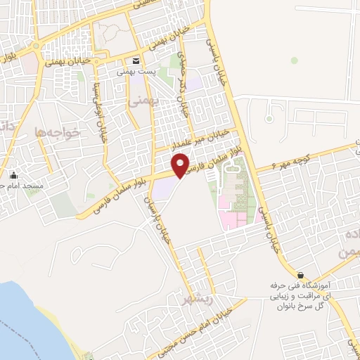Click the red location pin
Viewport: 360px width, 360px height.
(181, 166)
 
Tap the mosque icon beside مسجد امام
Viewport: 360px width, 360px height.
(13, 175)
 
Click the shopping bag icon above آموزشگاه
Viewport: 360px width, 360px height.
(301, 276)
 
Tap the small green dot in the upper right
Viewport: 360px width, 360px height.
(295, 60)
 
